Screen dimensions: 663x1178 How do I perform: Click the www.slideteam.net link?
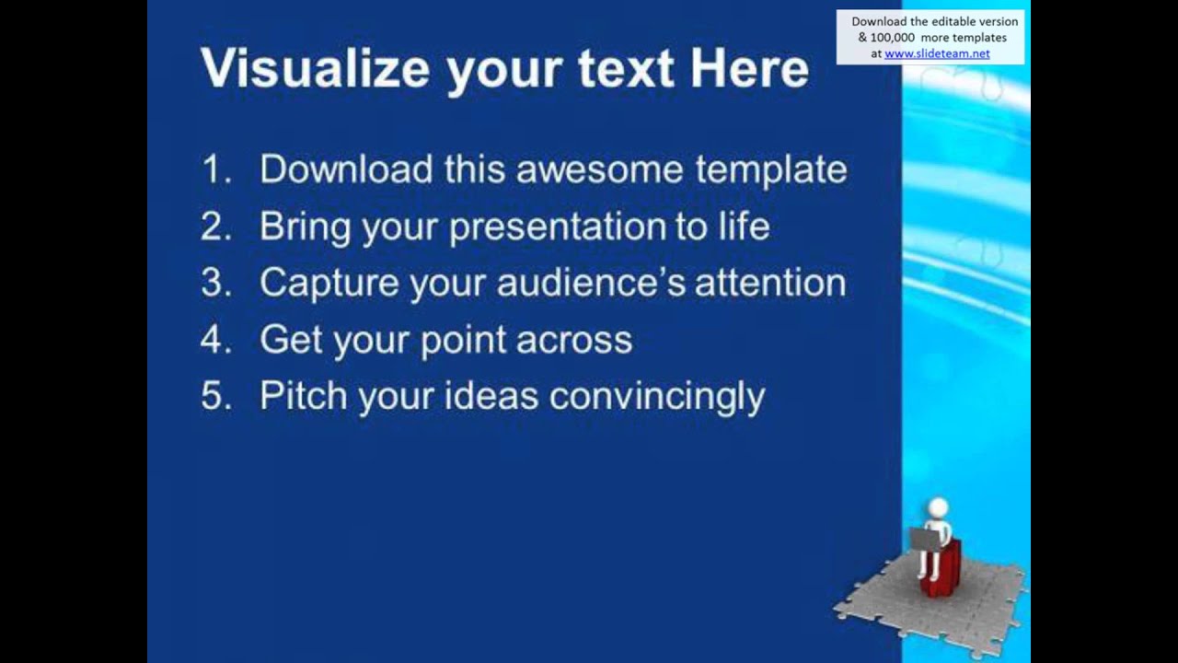(x=937, y=53)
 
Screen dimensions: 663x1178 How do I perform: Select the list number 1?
(x=214, y=169)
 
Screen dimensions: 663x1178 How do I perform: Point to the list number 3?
(x=214, y=283)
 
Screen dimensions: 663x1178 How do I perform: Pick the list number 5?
(x=214, y=396)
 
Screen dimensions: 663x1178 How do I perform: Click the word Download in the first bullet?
(x=346, y=169)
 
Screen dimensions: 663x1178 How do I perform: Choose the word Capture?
(x=329, y=284)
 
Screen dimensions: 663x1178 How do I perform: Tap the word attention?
(x=770, y=283)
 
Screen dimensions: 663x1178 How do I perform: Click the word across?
(x=574, y=341)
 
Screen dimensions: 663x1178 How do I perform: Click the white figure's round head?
(x=937, y=509)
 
